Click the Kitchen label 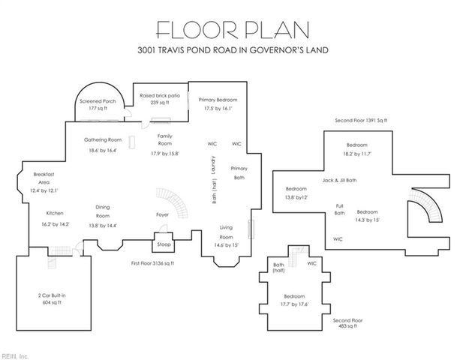[55, 212]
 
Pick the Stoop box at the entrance [163, 244]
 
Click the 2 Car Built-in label [52, 296]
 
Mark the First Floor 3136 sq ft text [152, 264]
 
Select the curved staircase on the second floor [433, 211]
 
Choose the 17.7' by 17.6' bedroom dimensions [294, 304]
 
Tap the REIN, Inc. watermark [15, 355]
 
